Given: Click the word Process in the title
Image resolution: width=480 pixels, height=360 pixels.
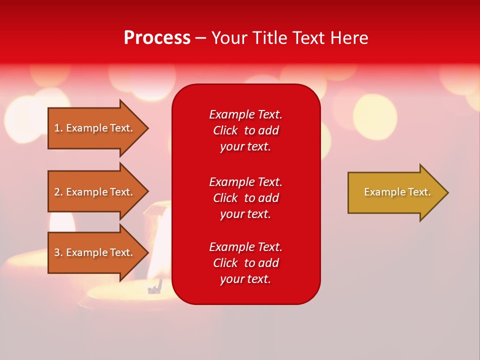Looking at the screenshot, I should click(x=157, y=38).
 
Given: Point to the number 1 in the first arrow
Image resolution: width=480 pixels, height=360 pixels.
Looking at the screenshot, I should click(x=57, y=128).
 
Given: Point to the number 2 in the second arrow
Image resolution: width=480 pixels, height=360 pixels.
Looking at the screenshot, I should click(x=57, y=192).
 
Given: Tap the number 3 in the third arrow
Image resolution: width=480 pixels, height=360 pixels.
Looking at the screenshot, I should click(x=57, y=252).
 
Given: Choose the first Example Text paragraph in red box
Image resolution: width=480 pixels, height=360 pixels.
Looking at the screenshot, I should click(x=245, y=130).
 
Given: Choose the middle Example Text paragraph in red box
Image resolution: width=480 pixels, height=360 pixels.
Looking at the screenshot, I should click(x=245, y=198).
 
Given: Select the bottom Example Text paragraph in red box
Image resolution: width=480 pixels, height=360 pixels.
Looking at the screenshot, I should click(x=245, y=263).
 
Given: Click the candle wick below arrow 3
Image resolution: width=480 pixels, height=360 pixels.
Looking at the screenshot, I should click(x=155, y=287).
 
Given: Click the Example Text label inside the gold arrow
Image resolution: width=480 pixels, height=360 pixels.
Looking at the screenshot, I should click(x=397, y=192).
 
